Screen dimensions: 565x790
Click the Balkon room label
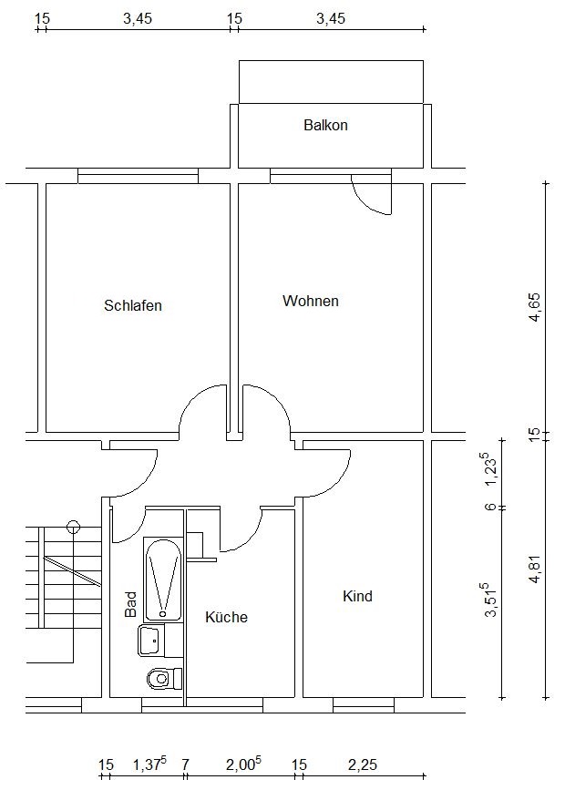click(x=325, y=125)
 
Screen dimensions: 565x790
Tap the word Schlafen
click(x=133, y=305)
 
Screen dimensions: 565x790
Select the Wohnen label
click(x=311, y=301)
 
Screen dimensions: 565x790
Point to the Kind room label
click(x=357, y=596)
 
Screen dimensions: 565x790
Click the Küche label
click(x=226, y=617)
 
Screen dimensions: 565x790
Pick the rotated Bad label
click(x=130, y=604)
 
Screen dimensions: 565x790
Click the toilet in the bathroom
click(x=164, y=678)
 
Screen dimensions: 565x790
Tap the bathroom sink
click(x=151, y=641)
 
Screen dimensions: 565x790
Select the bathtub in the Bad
click(x=162, y=580)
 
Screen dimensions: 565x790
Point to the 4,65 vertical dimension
click(x=534, y=307)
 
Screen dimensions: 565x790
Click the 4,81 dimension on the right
click(x=534, y=569)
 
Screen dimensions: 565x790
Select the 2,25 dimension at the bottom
click(x=363, y=764)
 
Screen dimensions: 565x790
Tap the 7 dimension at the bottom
click(x=185, y=764)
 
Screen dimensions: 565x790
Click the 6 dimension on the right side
click(x=491, y=507)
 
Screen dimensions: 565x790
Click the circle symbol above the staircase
click(x=74, y=528)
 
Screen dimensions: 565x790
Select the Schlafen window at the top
click(x=139, y=176)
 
